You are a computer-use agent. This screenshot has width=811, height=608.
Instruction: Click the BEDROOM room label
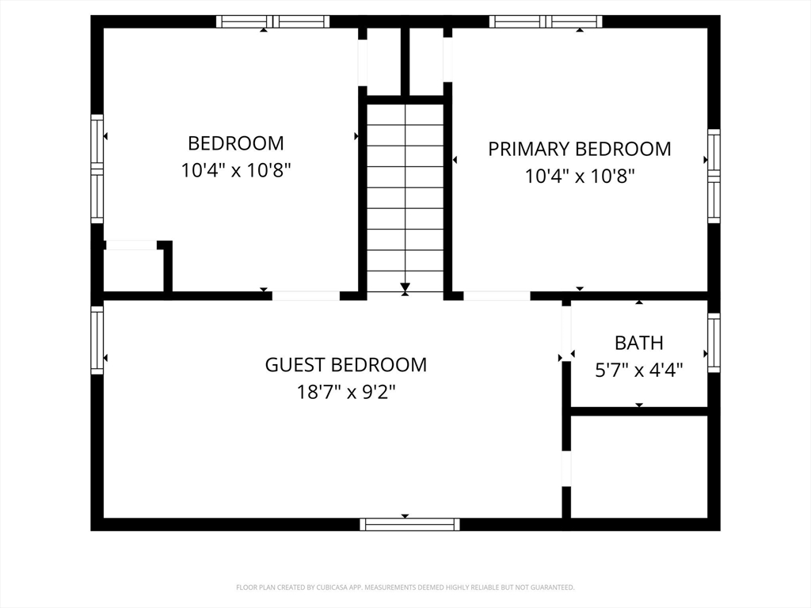236,143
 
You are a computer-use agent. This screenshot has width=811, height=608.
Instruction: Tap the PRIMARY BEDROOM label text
580,149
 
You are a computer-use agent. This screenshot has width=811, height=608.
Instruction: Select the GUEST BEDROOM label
346,365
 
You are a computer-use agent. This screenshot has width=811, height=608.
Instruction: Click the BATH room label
639,343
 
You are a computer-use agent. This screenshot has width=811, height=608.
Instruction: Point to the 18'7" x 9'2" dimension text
346,393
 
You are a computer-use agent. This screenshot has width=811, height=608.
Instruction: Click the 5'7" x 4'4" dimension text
639,370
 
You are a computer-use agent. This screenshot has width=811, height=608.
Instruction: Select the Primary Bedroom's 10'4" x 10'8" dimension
580,177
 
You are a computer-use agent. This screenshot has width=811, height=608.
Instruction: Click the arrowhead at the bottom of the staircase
405,287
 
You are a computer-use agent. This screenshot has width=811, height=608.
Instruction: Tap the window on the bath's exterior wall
714,342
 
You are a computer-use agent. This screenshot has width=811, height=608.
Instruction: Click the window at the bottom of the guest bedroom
409,524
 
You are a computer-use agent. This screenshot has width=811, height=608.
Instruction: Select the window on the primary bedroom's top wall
546,21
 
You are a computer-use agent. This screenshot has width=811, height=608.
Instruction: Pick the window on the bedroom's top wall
272,21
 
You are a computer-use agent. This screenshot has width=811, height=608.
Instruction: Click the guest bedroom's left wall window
97,340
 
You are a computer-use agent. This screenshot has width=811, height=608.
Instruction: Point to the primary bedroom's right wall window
714,177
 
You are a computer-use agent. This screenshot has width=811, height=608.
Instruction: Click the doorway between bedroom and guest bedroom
307,296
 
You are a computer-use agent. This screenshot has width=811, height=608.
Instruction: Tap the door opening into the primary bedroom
497,296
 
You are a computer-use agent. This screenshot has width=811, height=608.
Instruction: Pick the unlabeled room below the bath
639,466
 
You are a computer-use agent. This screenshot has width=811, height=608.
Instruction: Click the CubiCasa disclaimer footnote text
405,587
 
